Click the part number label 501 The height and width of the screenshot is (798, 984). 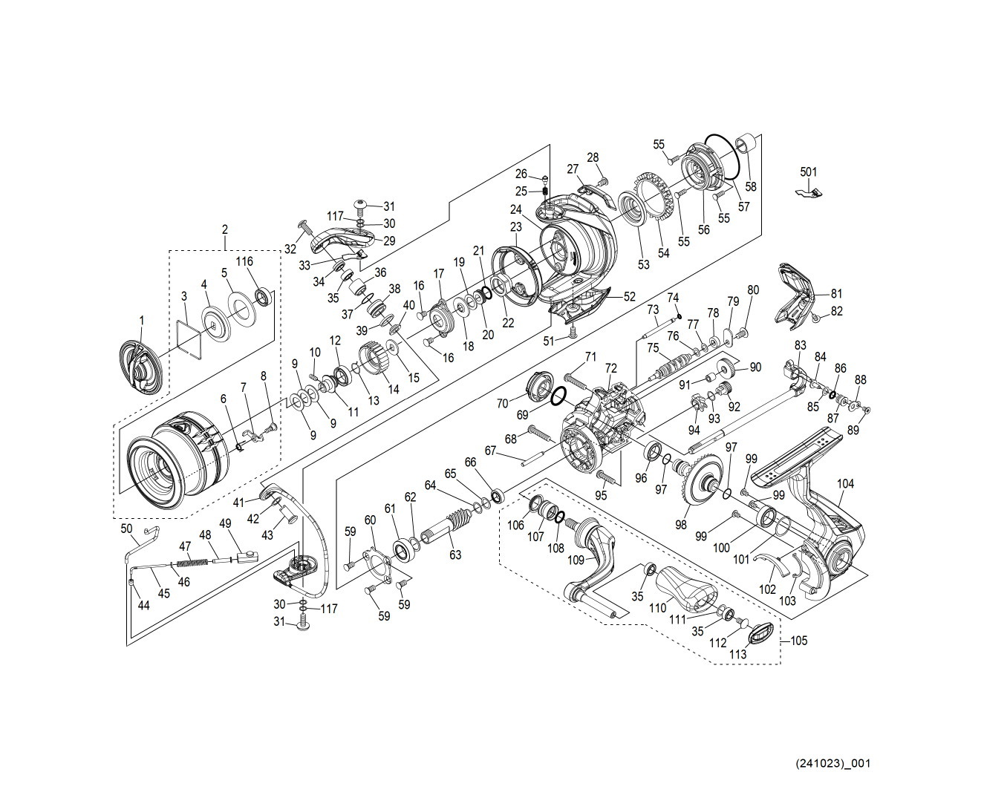pos(809,171)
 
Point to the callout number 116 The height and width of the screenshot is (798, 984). pos(244,261)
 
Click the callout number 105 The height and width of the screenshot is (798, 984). pos(799,641)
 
